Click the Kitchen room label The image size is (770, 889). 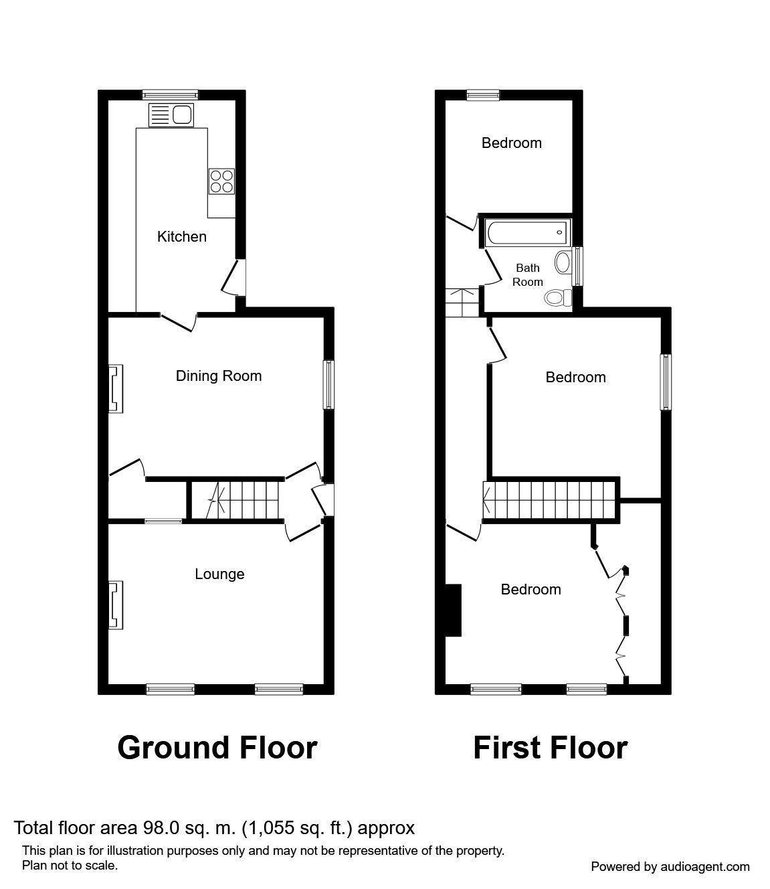[x=181, y=236]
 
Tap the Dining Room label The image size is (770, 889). [x=218, y=376]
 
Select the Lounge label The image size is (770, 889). [x=219, y=574]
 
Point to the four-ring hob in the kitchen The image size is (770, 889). [x=221, y=180]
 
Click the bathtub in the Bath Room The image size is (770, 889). [x=526, y=232]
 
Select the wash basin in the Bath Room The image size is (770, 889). [x=563, y=262]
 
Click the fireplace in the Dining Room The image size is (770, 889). [x=116, y=388]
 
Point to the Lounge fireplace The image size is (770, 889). [x=116, y=605]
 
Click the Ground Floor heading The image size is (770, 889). [x=217, y=747]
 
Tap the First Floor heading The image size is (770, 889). [x=550, y=747]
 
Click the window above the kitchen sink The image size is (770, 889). [x=171, y=94]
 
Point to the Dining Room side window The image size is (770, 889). [x=329, y=385]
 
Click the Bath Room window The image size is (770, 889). [x=579, y=266]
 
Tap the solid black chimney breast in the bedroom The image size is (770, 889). [x=454, y=610]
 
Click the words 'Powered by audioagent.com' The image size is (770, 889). [x=670, y=866]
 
